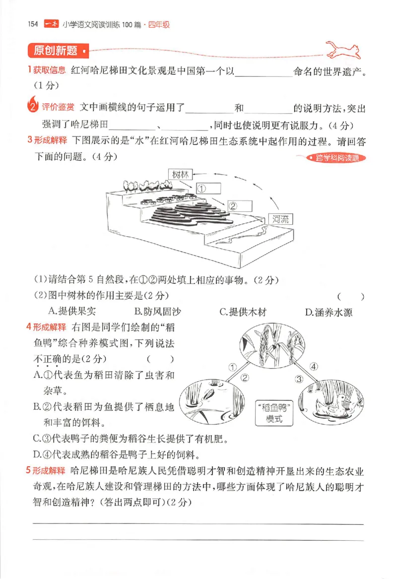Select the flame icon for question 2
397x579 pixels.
pos(32,105)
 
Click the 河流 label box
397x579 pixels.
pos(280,219)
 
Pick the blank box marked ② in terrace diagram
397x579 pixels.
pos(239,204)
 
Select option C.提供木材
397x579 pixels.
pos(243,312)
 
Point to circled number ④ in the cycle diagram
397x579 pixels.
pos(313,367)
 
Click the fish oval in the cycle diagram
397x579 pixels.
pos(205,401)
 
